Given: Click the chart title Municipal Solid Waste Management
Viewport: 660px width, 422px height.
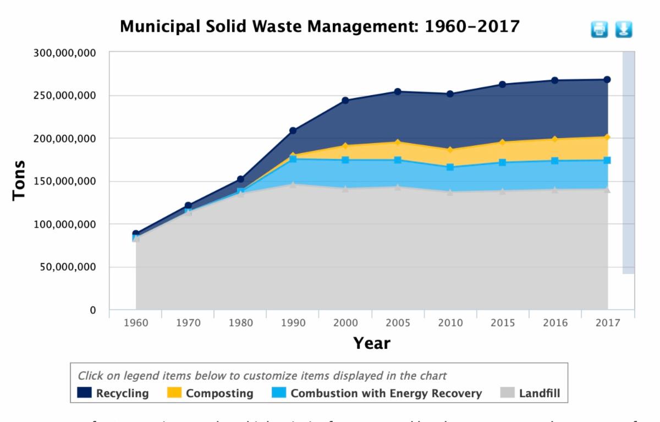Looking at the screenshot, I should (319, 26).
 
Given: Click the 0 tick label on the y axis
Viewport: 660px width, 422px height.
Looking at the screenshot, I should (93, 310).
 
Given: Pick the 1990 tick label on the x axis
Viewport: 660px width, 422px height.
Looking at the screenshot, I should (293, 322).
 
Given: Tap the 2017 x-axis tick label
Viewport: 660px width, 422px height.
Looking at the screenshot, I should (607, 322).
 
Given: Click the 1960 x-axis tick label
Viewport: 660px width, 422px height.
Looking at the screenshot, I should (136, 322).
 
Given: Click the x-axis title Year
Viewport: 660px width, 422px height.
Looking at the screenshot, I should (372, 344).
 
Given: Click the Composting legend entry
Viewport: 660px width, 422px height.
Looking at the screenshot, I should (211, 394).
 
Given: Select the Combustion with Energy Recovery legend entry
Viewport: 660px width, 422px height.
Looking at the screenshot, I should (377, 394).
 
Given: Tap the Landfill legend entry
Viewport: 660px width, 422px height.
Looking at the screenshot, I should (530, 394).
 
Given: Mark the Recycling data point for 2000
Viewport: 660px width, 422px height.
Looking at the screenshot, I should (345, 101).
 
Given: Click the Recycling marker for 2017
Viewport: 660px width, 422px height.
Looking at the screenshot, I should (607, 80).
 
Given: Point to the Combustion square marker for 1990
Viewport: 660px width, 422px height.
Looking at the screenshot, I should (293, 159).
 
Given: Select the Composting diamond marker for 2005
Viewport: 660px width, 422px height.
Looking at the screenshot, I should (398, 143).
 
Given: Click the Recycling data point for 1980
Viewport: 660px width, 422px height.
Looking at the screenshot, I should (240, 179).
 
